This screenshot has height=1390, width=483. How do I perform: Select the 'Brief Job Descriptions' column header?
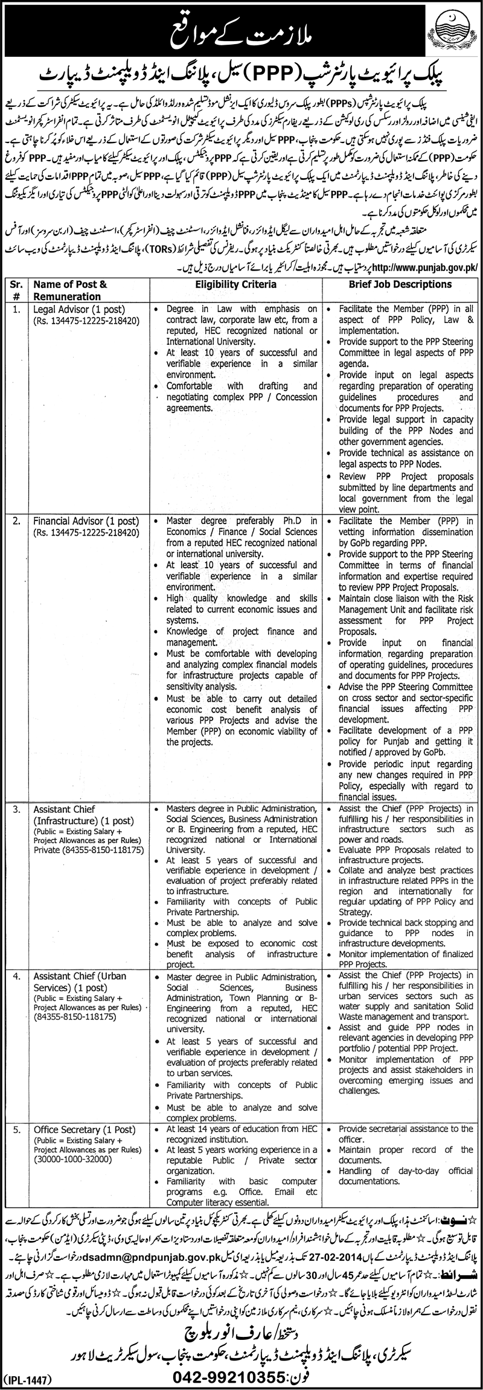pos(399,284)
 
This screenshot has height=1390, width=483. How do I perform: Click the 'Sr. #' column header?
pos(16,290)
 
